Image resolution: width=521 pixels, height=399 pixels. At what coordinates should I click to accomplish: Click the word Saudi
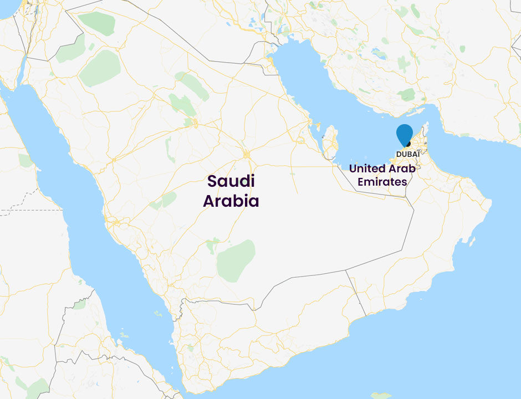point(231,181)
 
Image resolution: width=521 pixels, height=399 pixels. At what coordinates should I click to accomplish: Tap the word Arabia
point(231,201)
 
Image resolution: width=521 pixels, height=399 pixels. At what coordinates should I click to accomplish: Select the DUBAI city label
point(407,154)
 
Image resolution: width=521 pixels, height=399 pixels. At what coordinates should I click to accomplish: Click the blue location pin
point(405,134)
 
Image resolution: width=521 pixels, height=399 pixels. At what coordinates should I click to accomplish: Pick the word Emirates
point(382,182)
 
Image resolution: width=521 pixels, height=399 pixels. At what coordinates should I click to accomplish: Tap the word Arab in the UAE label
point(403,168)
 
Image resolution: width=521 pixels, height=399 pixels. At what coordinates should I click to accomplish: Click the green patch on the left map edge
point(25,160)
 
